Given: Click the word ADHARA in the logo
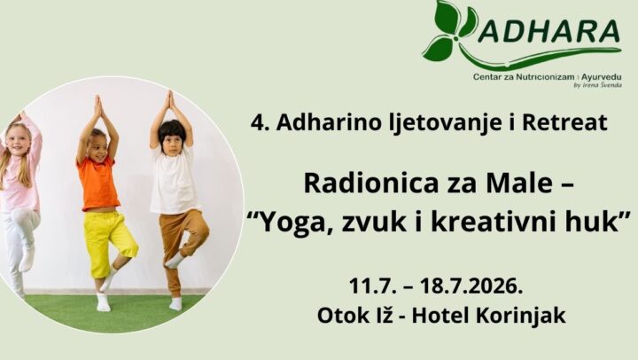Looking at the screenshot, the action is [x=549, y=30].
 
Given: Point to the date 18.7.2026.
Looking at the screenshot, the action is [x=471, y=286].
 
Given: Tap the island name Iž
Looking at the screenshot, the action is [x=385, y=315].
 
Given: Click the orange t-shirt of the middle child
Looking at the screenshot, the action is [x=97, y=184].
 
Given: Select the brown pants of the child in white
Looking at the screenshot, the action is [x=181, y=246].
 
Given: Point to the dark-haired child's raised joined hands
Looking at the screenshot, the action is [x=169, y=100].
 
